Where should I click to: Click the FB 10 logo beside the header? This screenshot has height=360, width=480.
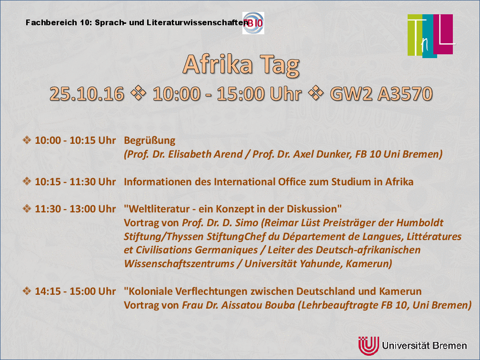pyautogui.click(x=253, y=23)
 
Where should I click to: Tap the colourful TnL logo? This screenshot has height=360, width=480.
pyautogui.click(x=430, y=36)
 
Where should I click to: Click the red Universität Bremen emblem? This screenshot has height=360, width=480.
pyautogui.click(x=369, y=346)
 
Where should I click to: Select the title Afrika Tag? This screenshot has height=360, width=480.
pyautogui.click(x=241, y=65)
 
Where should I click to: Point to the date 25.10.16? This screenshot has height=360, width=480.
pyautogui.click(x=87, y=93)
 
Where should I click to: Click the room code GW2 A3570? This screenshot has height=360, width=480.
pyautogui.click(x=381, y=93)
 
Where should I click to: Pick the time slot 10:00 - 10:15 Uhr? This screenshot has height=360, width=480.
pyautogui.click(x=75, y=140)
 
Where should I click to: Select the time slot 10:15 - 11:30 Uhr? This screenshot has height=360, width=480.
pyautogui.click(x=75, y=181)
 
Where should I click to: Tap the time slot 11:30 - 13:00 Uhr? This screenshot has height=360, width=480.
pyautogui.click(x=75, y=209)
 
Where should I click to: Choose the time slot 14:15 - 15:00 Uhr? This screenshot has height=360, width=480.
pyautogui.click(x=75, y=291)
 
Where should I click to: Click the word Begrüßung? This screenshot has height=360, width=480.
pyautogui.click(x=150, y=140)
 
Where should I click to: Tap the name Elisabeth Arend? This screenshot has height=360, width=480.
pyautogui.click(x=205, y=154)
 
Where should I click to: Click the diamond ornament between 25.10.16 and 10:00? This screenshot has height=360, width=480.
pyautogui.click(x=139, y=93)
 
